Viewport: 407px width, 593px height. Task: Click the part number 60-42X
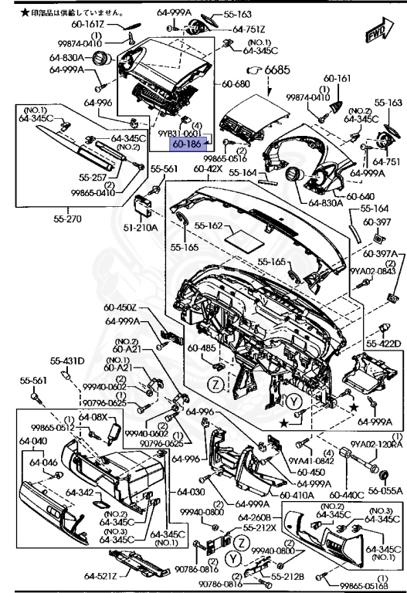coord(208,168)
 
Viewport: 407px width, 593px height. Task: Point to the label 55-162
coord(208,226)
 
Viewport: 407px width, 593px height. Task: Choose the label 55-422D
coord(383,344)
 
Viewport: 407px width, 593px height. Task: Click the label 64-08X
coord(93,416)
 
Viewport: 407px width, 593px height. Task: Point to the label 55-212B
coord(287,577)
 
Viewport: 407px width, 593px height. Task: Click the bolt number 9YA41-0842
coord(310,462)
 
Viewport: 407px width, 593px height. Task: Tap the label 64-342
coord(80,492)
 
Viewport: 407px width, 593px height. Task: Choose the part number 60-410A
coord(297,495)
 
